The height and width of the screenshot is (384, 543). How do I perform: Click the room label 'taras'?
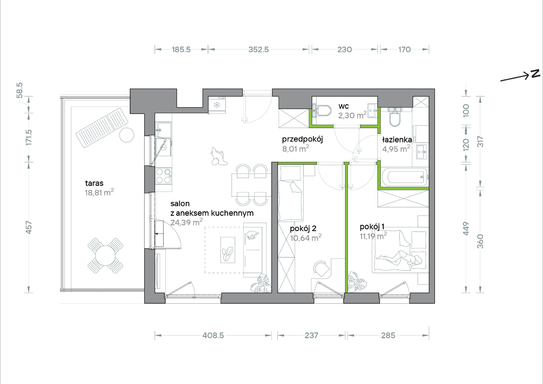click(94, 183)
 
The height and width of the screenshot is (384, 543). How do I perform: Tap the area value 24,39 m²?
click(186, 222)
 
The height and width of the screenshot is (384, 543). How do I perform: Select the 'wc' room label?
click(344, 106)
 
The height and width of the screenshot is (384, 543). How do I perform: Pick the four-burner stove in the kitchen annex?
click(163, 176)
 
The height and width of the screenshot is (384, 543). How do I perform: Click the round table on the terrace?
click(105, 256)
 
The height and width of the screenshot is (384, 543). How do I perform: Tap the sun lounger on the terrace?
click(102, 127)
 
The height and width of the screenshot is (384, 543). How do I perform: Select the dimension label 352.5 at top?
click(258, 49)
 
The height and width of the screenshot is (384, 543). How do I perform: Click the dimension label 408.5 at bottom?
click(213, 335)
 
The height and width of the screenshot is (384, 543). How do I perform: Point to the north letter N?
click(535, 73)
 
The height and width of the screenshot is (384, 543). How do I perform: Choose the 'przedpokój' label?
click(302, 139)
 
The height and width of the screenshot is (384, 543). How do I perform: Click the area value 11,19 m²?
click(373, 236)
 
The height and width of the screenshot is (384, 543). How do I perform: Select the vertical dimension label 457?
click(29, 227)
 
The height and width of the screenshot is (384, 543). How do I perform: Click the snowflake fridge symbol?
click(217, 105)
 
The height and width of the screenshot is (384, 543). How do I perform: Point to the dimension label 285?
click(388, 335)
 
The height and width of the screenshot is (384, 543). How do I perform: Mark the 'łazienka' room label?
click(397, 140)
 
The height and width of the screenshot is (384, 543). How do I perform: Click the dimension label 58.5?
click(19, 90)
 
